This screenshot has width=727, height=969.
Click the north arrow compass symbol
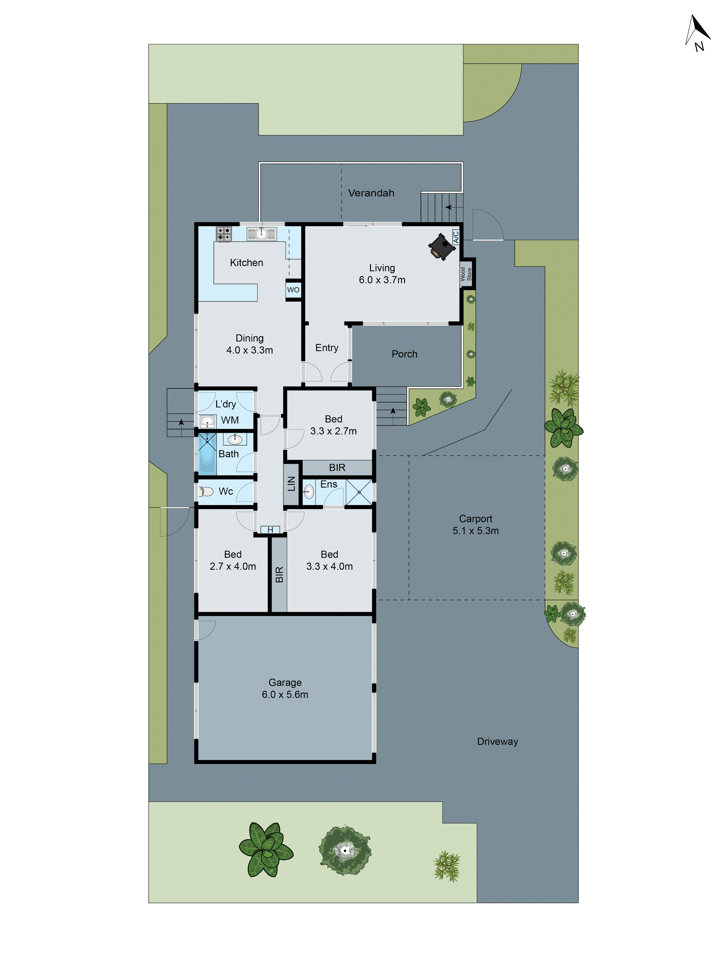[x=698, y=33]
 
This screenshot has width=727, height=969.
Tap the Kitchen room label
[x=246, y=262]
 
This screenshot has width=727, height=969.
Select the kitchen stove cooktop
[x=223, y=234]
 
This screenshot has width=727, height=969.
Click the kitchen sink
[x=261, y=234]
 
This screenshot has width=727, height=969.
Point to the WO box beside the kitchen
[x=293, y=290]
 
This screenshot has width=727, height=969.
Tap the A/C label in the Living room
[x=456, y=237]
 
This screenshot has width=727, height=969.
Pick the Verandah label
[x=371, y=193]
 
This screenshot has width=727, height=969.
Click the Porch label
[x=404, y=354]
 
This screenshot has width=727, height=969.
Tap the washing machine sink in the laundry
[x=207, y=421]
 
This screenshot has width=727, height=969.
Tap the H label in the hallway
[x=270, y=530]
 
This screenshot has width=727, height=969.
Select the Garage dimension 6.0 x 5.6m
[x=285, y=694]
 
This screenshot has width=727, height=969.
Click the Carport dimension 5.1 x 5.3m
[x=475, y=530]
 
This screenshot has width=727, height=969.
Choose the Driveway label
[x=497, y=741]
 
